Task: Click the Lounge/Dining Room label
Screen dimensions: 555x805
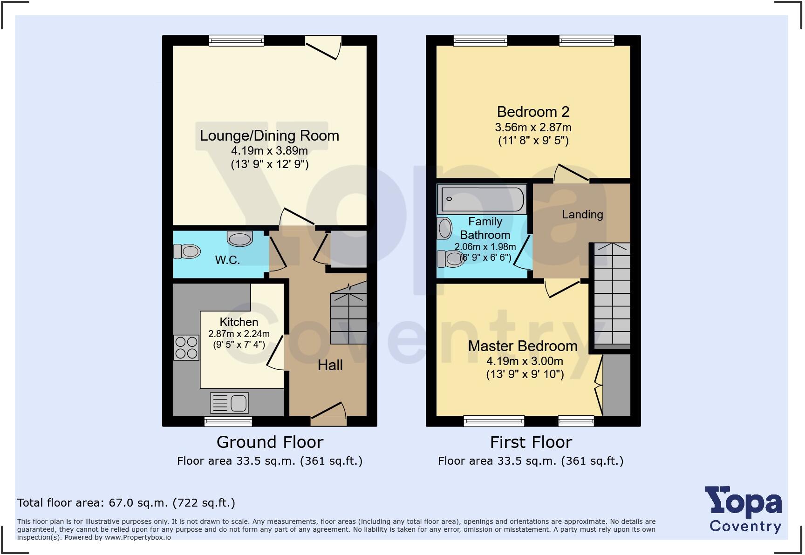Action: pos(269,135)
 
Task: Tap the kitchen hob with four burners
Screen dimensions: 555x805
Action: pos(185,347)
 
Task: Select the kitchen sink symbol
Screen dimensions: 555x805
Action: pos(229,403)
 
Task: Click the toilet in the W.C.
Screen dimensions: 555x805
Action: pos(187,251)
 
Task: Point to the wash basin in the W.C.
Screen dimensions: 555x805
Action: pos(239,238)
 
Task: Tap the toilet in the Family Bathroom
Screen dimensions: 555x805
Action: pos(450,259)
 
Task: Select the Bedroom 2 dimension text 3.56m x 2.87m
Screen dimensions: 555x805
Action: pos(533,127)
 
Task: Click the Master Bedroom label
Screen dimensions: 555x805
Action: pos(522,346)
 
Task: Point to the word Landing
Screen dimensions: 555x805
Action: pos(582,214)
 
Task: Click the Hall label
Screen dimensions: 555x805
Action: pos(330,365)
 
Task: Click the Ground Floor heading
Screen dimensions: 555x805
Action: pos(270,442)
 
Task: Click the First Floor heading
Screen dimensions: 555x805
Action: pos(531,442)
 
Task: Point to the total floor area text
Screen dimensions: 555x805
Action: pos(126,503)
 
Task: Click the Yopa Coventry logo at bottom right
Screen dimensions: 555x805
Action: pos(744,510)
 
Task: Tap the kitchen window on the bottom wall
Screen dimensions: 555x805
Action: pos(228,421)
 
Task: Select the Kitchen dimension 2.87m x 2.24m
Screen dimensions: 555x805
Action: pos(239,333)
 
